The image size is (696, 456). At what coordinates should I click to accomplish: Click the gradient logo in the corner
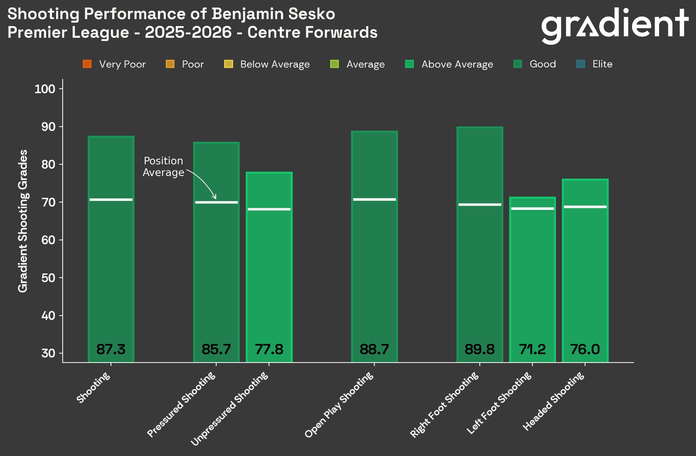[614, 25]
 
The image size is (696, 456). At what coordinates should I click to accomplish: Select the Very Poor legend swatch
[87, 64]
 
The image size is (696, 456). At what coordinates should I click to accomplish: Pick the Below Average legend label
[274, 64]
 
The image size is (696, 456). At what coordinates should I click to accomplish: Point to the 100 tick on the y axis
[45, 89]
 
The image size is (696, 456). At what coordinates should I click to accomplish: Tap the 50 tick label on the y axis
[48, 278]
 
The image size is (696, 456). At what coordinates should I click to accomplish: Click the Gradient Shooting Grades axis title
[23, 221]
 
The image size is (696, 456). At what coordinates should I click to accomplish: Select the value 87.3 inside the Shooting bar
[111, 349]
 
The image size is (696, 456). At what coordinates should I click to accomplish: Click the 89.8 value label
[479, 349]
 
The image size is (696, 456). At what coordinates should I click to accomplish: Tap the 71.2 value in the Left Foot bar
[532, 349]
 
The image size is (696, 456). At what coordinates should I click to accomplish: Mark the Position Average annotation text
[164, 167]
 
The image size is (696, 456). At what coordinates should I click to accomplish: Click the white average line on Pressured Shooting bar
[216, 202]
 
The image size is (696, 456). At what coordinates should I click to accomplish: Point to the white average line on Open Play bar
[374, 200]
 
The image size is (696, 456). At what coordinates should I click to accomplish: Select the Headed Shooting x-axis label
[553, 402]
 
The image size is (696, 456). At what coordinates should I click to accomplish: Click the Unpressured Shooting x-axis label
[229, 409]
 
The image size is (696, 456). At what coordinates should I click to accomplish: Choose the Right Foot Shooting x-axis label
[444, 405]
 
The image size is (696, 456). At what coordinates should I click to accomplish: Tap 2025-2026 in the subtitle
[188, 33]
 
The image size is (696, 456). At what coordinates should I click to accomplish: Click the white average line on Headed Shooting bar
[585, 207]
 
